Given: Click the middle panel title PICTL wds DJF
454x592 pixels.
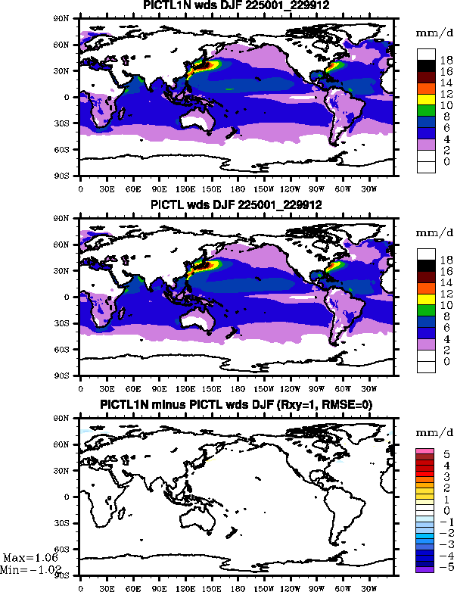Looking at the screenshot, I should pyautogui.click(x=237, y=205).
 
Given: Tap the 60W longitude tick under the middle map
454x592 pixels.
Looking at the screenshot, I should pyautogui.click(x=343, y=387).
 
